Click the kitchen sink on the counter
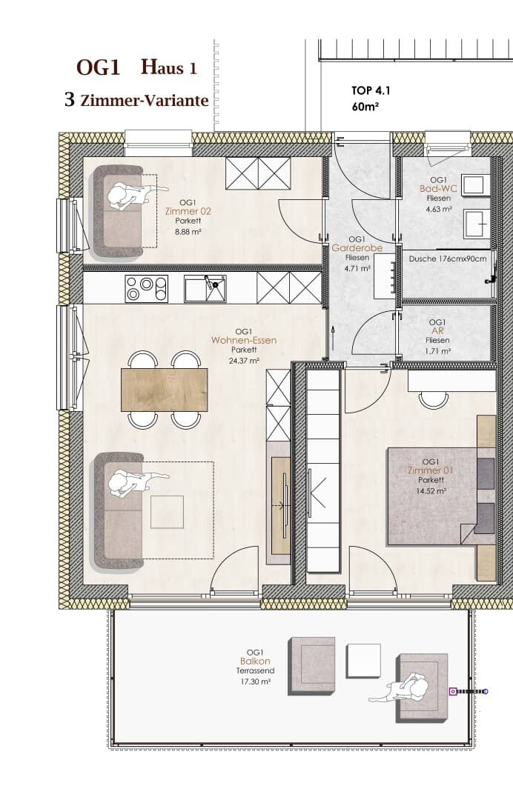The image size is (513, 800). point(205,289)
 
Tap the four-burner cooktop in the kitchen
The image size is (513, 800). point(147,289)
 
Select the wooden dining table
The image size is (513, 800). point(165,390)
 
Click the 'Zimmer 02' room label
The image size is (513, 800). point(188,210)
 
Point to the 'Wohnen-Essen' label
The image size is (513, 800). point(244,340)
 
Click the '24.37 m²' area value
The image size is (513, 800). point(244,360)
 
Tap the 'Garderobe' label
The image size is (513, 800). point(357,248)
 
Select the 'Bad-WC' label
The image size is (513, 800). point(438,189)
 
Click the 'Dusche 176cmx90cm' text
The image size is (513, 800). point(448,259)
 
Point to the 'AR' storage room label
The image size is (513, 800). point(437,330)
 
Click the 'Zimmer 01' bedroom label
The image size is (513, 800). point(431,470)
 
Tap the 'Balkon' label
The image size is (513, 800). point(255,661)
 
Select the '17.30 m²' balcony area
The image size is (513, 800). point(255,681)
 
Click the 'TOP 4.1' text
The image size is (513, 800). point(371,91)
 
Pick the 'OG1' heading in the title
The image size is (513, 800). point(98,68)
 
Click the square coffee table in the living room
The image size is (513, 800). point(167,512)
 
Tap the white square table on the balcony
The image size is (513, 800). point(363,661)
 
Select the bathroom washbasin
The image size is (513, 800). point(477,224)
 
